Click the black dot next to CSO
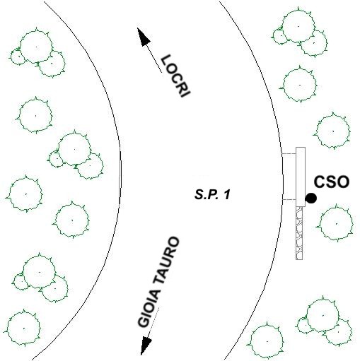click(x=310, y=199)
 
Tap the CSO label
click(x=332, y=182)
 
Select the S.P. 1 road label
click(x=212, y=195)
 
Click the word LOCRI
click(x=175, y=76)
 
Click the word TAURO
click(x=168, y=261)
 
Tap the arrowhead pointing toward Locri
click(x=144, y=37)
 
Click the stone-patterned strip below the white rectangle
click(x=299, y=233)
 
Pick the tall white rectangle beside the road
click(x=301, y=177)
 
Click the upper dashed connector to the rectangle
click(x=289, y=154)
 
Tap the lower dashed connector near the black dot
click(x=289, y=200)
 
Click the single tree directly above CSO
click(x=332, y=131)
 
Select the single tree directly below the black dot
click(x=336, y=223)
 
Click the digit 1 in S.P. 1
click(x=226, y=195)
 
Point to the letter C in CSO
click(x=320, y=182)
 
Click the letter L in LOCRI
click(x=166, y=60)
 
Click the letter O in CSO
click(x=343, y=182)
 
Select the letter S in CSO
click(x=331, y=182)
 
